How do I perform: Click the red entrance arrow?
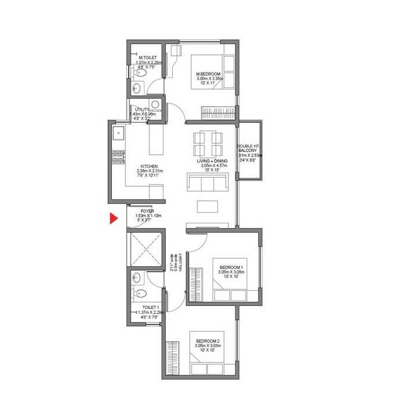(112, 219)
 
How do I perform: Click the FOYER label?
(147, 211)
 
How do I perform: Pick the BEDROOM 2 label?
(209, 341)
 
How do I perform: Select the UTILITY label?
(142, 110)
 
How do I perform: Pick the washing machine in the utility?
(155, 105)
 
